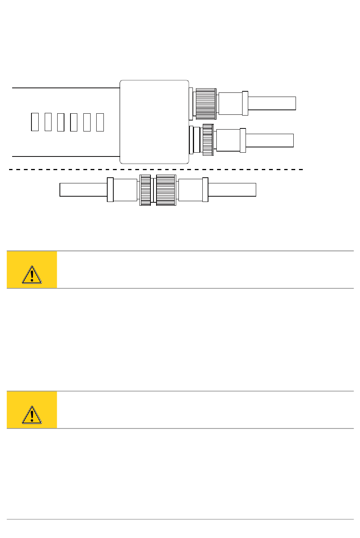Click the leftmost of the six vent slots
[35, 122]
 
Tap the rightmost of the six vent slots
[100, 122]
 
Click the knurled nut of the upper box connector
[206, 104]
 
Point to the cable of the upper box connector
[272, 103]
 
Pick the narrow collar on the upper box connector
[245, 103]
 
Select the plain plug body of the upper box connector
[230, 103]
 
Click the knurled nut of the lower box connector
[208, 140]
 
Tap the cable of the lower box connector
[269, 140]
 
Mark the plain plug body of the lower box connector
[228, 140]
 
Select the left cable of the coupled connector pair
[83, 190]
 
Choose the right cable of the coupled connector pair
[232, 190]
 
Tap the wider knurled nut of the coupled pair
[166, 190]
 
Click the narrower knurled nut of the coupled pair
[146, 190]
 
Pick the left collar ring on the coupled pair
[110, 190]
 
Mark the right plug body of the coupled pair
[190, 190]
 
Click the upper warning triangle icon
[32, 275]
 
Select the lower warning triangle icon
[32, 415]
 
